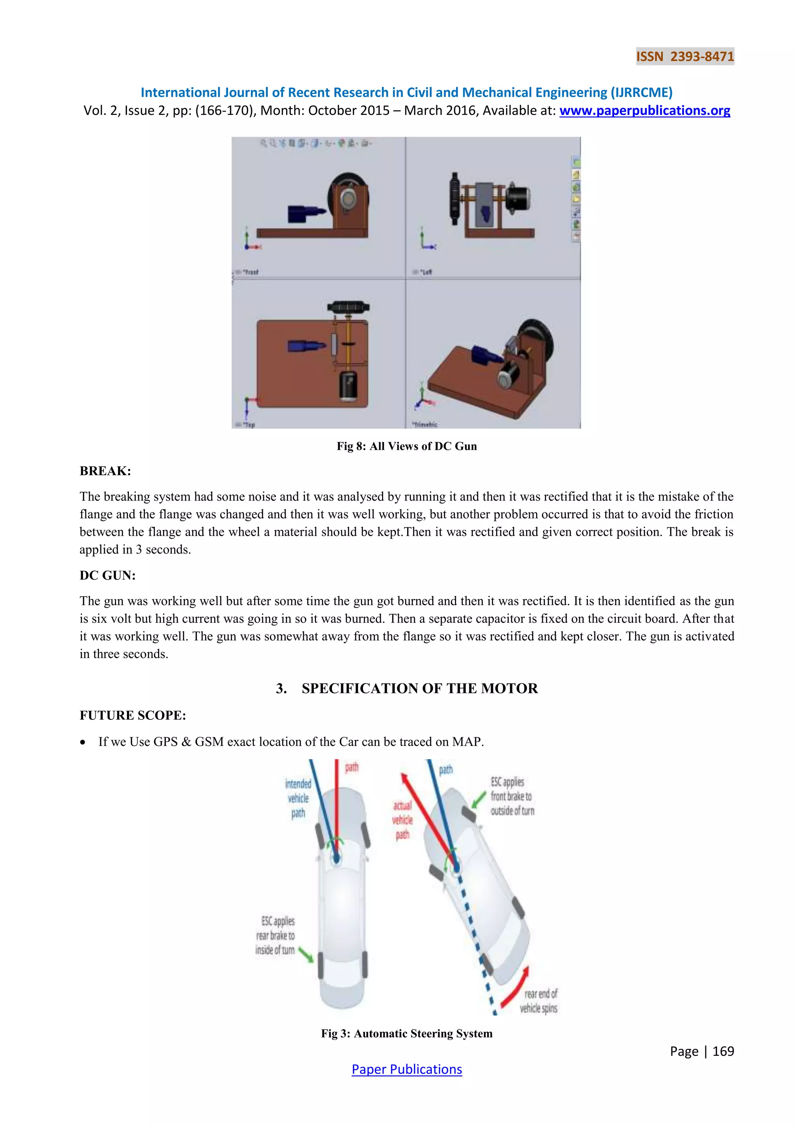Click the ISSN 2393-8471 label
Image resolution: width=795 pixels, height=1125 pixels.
tap(684, 56)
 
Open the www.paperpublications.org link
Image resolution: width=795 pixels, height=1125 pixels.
tap(644, 111)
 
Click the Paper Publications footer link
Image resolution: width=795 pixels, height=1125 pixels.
tap(406, 1069)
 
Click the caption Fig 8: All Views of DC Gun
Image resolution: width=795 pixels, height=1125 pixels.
tap(406, 446)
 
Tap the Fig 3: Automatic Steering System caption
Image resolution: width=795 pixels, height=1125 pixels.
tap(406, 1033)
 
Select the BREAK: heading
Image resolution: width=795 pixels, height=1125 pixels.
tap(105, 471)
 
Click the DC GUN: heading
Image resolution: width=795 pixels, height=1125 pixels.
tap(108, 575)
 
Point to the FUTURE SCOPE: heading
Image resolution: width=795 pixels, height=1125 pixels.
tap(133, 716)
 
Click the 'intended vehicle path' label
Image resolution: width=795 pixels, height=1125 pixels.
tap(298, 798)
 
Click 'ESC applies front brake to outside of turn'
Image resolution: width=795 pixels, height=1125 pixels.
tap(512, 796)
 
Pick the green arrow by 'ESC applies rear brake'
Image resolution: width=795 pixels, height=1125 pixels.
tap(306, 954)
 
